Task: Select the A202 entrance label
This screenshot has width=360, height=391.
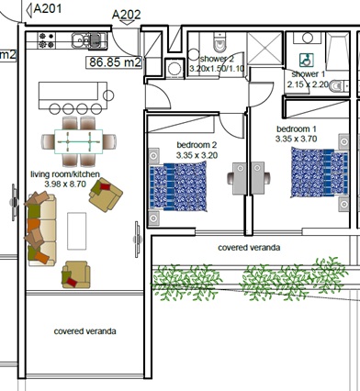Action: pyautogui.click(x=127, y=15)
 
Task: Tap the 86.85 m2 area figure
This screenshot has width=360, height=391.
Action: pyautogui.click(x=115, y=63)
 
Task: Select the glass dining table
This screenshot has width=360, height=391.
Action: pyautogui.click(x=79, y=140)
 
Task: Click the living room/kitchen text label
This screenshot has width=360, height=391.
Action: pyautogui.click(x=65, y=173)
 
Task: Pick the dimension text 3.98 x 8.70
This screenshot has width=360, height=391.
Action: pyautogui.click(x=64, y=184)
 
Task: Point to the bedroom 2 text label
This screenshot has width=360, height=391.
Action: pyautogui.click(x=197, y=145)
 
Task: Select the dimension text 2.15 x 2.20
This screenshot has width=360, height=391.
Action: pyautogui.click(x=309, y=84)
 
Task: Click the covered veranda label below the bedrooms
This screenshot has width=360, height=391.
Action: pyautogui.click(x=249, y=248)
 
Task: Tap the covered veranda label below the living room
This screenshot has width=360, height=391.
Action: pyautogui.click(x=84, y=330)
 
